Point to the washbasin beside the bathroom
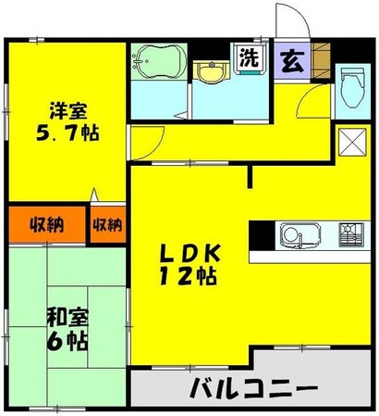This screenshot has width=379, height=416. click(214, 71)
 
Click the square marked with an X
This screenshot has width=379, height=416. click(350, 142)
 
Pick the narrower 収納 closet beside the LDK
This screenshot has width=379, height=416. click(107, 225)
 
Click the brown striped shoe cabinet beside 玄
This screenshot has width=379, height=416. click(321, 58)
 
